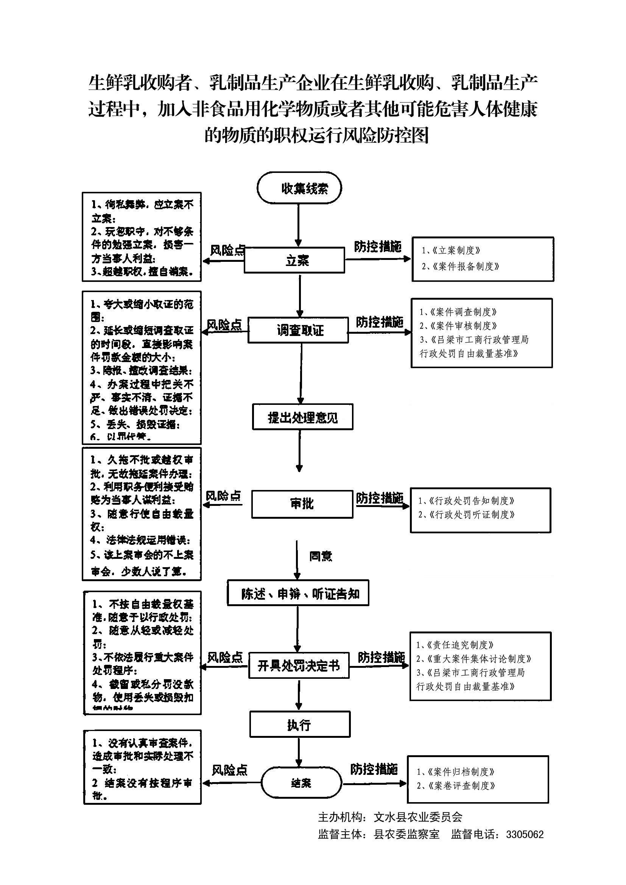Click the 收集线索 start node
(299, 188)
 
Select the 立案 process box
(294, 260)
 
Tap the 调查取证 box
(298, 330)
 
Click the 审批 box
(302, 504)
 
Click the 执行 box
(300, 724)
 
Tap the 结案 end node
(301, 782)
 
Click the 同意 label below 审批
(320, 556)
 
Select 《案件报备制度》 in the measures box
(461, 266)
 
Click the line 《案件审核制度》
(459, 326)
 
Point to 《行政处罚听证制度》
(467, 515)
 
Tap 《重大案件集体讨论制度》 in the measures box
(474, 659)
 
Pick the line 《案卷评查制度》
(456, 785)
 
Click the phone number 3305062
(525, 835)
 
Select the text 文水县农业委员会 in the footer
(418, 817)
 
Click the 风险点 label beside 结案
(229, 770)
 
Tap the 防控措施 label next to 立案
(378, 247)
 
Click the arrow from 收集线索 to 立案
(298, 226)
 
